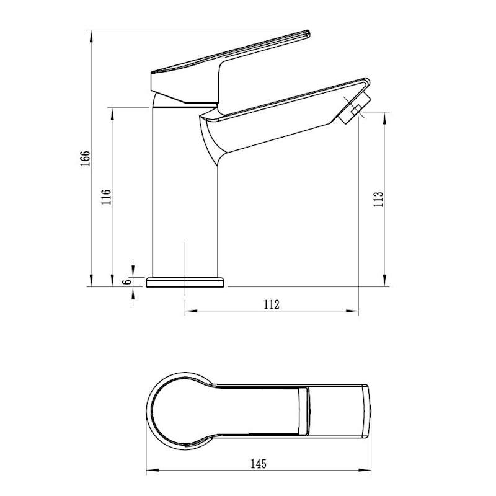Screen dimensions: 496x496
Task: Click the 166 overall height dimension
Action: [85, 158]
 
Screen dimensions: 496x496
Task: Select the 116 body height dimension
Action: [106, 197]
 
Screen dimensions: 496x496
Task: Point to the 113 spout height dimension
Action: [378, 199]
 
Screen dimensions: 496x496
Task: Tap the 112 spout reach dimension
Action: [272, 304]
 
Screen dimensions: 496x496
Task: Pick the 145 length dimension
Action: [259, 464]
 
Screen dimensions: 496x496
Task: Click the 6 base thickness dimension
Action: [128, 281]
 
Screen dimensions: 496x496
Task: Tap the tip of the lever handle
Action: [308, 33]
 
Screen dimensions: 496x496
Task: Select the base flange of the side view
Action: [185, 283]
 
